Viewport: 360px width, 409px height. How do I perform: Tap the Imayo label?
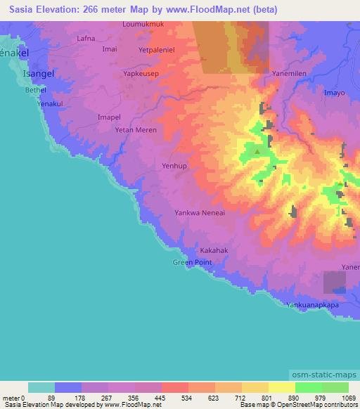pos(335,92)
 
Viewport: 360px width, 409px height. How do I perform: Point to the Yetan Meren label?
pos(136,130)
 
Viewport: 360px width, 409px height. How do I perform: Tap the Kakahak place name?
pos(214,250)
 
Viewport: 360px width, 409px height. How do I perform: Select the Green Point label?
pos(192,262)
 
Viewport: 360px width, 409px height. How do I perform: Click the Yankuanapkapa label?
pos(323,306)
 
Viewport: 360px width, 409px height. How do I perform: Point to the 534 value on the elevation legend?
pos(174,397)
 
